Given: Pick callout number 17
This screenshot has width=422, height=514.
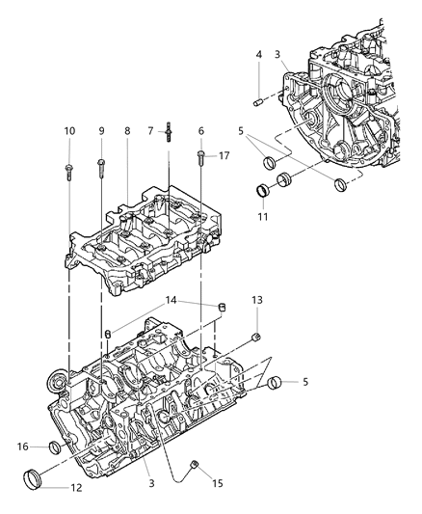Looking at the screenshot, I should [x=224, y=154].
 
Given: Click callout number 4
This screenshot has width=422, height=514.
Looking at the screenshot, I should [x=259, y=54].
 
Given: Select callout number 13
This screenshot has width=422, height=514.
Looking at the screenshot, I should [x=256, y=301].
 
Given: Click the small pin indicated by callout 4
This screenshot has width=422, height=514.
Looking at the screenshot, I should [x=259, y=100].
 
